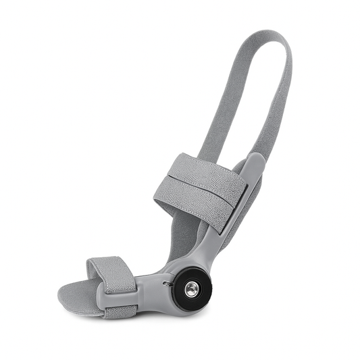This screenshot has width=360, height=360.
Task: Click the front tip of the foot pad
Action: (63, 295)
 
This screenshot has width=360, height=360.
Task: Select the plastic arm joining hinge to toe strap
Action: (153, 287)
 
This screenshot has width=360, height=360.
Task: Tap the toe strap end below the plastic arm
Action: (122, 311)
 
